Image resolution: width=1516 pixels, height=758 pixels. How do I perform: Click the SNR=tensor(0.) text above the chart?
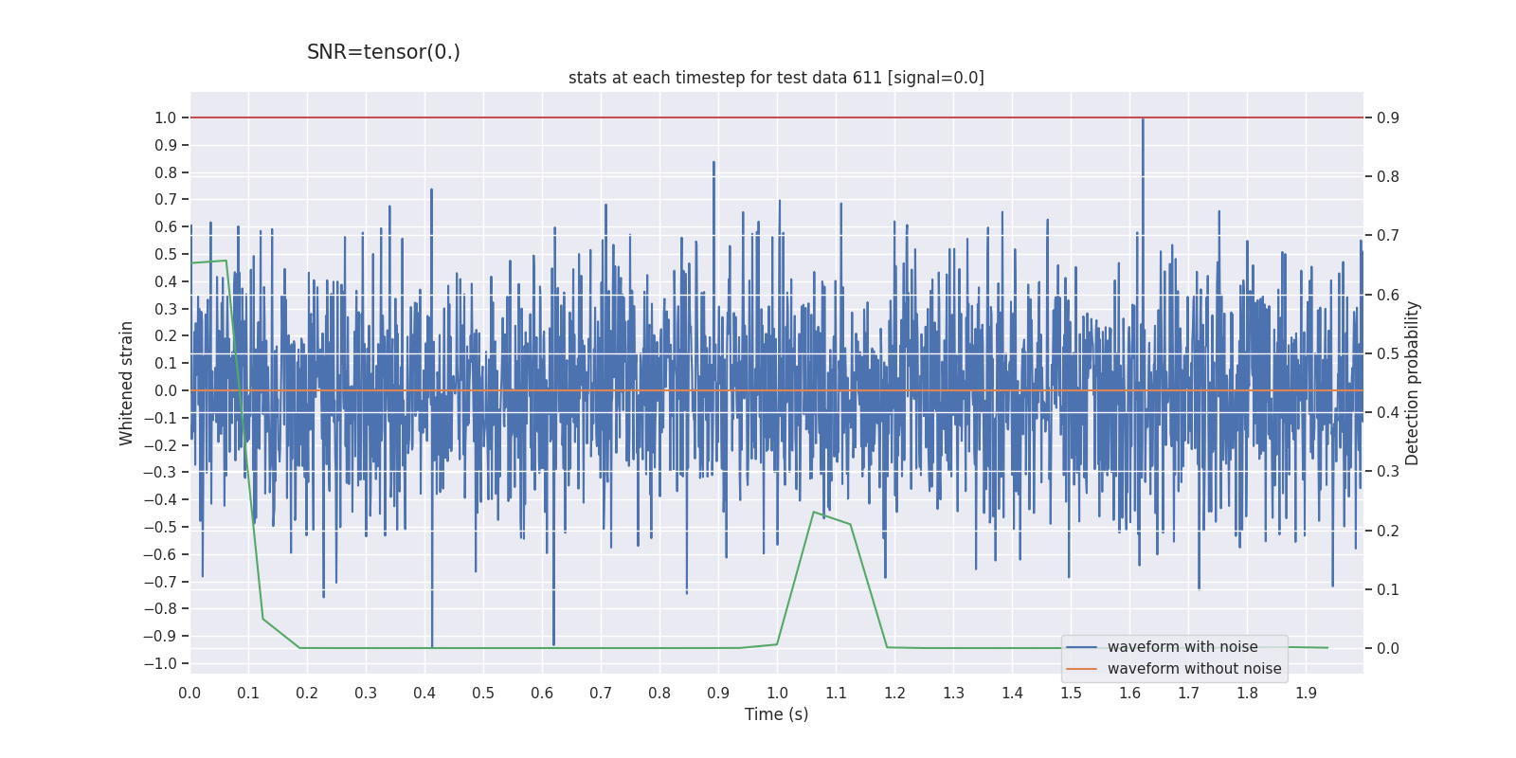point(383,52)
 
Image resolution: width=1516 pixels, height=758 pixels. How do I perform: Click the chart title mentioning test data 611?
point(776,78)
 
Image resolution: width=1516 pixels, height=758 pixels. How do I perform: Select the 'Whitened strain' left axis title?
point(127,383)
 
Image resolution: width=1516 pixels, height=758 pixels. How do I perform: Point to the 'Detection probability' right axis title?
point(1412,383)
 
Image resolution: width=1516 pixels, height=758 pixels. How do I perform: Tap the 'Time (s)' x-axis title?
point(776,714)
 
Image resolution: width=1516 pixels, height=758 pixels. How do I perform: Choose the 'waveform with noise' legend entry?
point(1182,647)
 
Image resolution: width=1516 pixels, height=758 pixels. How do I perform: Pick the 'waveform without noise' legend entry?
point(1193,669)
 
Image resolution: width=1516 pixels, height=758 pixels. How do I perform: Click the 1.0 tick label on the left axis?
point(165,117)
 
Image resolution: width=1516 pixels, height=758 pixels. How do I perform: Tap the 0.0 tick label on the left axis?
point(165,390)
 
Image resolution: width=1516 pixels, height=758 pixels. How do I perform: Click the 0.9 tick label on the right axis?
point(1388,117)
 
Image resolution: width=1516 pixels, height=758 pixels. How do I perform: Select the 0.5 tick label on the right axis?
point(1388,353)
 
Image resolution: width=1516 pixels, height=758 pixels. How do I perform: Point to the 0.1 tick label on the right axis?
point(1388,589)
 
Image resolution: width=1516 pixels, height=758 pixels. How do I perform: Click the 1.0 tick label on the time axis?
point(777,693)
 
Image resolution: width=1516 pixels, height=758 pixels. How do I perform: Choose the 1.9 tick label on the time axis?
point(1306,693)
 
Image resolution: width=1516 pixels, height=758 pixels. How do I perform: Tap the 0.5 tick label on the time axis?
point(483,693)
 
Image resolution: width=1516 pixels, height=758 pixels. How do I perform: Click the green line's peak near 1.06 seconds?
point(814,512)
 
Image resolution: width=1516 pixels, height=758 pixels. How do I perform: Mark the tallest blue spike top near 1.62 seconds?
point(1143,119)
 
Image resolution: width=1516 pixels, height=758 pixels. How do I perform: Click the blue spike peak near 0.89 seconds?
point(713,162)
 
